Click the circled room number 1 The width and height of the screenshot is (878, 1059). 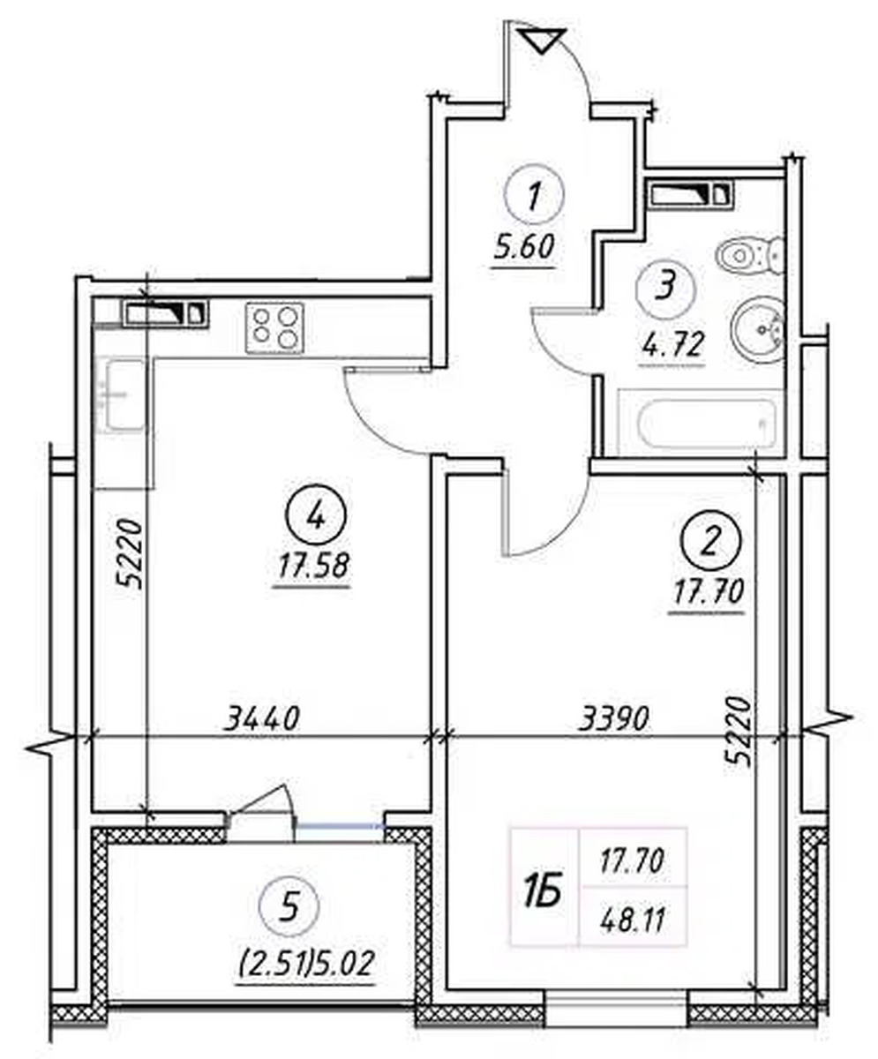[534, 194]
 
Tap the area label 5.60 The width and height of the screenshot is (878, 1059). [522, 247]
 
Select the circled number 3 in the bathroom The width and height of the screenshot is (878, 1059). [665, 287]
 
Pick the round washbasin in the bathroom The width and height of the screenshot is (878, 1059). [758, 329]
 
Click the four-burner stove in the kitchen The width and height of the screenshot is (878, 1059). [275, 327]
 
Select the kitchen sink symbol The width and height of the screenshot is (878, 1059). [121, 395]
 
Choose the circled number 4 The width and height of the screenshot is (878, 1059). [316, 518]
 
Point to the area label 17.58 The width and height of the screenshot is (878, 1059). [312, 566]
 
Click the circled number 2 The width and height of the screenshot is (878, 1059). [710, 544]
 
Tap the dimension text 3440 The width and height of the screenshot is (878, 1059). [262, 718]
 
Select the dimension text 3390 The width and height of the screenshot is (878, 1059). [614, 718]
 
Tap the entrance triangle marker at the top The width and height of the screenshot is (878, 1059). [544, 41]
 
